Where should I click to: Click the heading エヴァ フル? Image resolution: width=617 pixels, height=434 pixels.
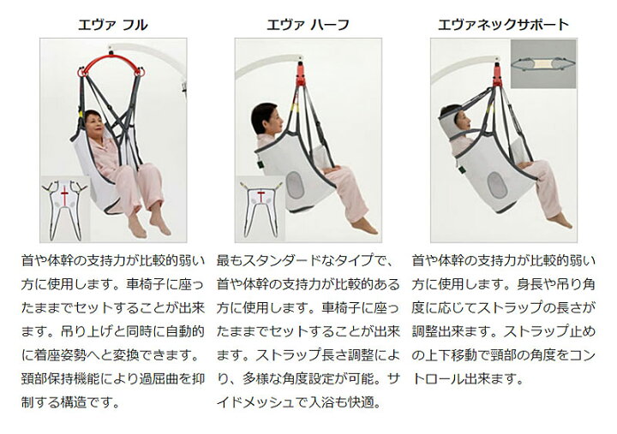112,25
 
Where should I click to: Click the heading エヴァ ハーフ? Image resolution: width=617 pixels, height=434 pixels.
308,25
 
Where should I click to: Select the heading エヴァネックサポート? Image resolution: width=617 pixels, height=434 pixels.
503,25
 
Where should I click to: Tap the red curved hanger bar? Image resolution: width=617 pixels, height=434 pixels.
111,59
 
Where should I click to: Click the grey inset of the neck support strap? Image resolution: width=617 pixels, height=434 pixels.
543,63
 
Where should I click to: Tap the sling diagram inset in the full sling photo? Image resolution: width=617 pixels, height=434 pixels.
65,209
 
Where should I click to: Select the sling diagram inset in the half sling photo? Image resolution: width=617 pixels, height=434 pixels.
261,209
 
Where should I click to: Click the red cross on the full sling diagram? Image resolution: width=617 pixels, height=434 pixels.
64,195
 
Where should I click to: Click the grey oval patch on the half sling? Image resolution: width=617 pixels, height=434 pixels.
295,185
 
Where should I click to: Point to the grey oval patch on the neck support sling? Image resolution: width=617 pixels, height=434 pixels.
497,185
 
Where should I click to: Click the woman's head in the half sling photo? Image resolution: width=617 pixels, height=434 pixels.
267,118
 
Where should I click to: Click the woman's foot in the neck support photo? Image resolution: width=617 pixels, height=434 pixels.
560,220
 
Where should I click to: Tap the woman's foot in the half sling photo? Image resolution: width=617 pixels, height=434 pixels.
365,226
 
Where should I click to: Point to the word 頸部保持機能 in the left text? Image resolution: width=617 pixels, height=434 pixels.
60,379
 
